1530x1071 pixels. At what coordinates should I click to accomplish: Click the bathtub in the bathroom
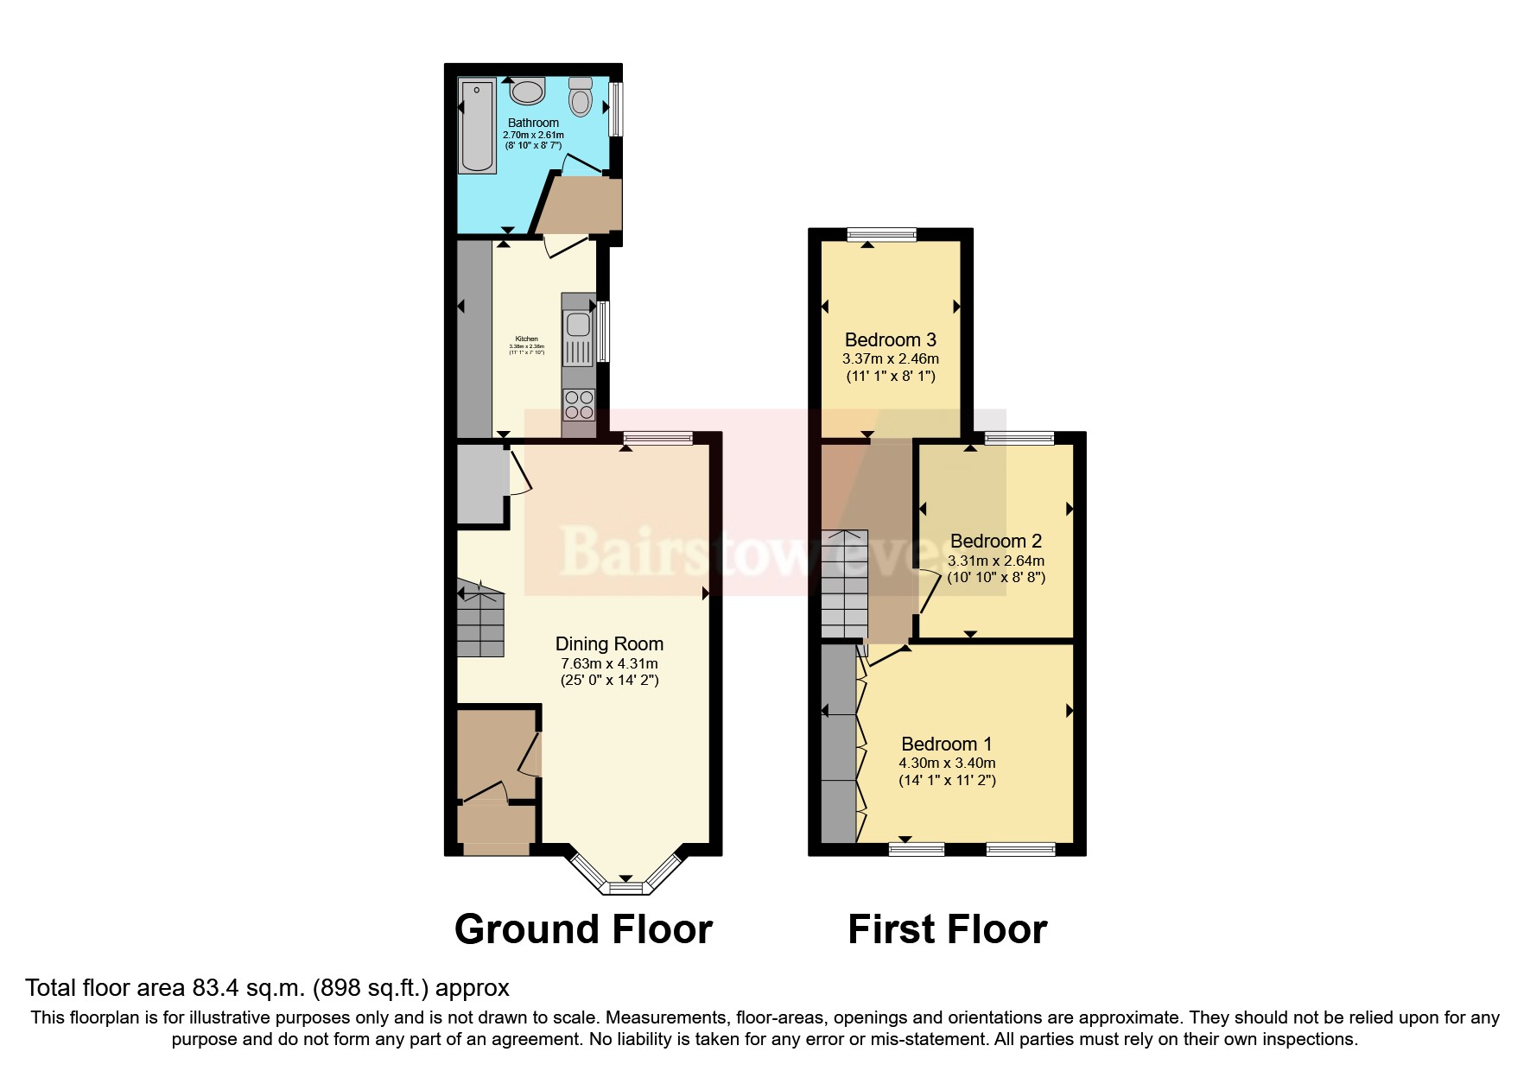(477, 126)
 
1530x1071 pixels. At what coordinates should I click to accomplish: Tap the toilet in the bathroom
(581, 98)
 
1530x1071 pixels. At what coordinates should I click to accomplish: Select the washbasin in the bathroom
(527, 91)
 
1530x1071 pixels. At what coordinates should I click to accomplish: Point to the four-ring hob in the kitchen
(579, 405)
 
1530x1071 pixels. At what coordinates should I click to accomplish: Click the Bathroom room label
(533, 124)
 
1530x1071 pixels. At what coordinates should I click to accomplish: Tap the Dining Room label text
(609, 644)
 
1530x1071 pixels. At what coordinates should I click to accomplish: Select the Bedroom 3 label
(890, 340)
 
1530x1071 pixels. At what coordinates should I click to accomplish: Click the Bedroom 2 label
(995, 542)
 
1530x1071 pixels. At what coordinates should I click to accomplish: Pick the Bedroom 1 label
(946, 745)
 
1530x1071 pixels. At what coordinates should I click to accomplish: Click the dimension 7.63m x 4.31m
(609, 664)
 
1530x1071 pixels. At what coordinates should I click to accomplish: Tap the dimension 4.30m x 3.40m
(947, 764)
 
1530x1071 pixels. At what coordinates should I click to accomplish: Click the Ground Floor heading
(583, 930)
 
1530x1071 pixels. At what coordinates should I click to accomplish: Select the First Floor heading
(947, 930)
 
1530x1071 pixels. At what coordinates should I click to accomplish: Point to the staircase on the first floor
(844, 584)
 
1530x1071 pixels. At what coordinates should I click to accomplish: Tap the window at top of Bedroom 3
(881, 233)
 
